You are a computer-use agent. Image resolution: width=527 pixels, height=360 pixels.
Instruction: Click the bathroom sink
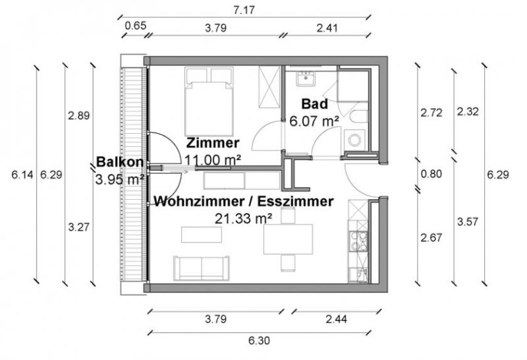pos(306,79)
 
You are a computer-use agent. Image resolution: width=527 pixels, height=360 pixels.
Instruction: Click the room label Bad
pos(314,104)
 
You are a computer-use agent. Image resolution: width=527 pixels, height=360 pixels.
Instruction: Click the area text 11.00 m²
pos(212,159)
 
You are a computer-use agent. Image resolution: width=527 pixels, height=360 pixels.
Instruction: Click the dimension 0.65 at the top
pos(135,28)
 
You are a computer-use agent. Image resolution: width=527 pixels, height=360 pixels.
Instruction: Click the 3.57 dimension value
pos(466,222)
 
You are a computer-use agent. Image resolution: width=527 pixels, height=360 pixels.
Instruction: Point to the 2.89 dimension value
pos(78,115)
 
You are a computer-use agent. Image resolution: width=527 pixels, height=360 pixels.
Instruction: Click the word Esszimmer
pos(299,202)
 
